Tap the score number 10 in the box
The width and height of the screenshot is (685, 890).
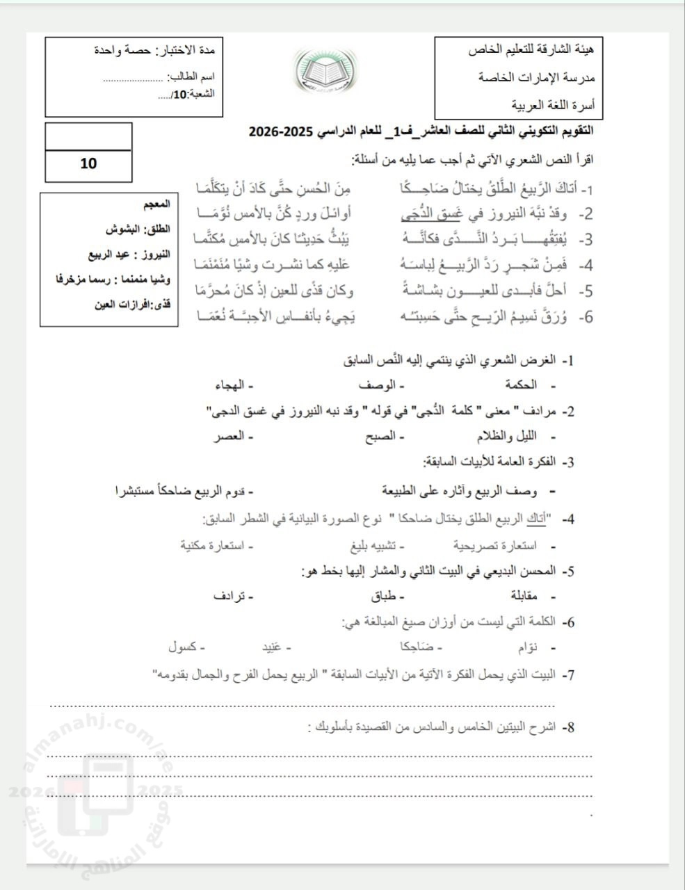(x=88, y=164)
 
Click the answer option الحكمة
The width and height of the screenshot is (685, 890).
(x=520, y=385)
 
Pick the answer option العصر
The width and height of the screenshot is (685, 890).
(x=227, y=436)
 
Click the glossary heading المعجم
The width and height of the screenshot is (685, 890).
(x=158, y=206)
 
